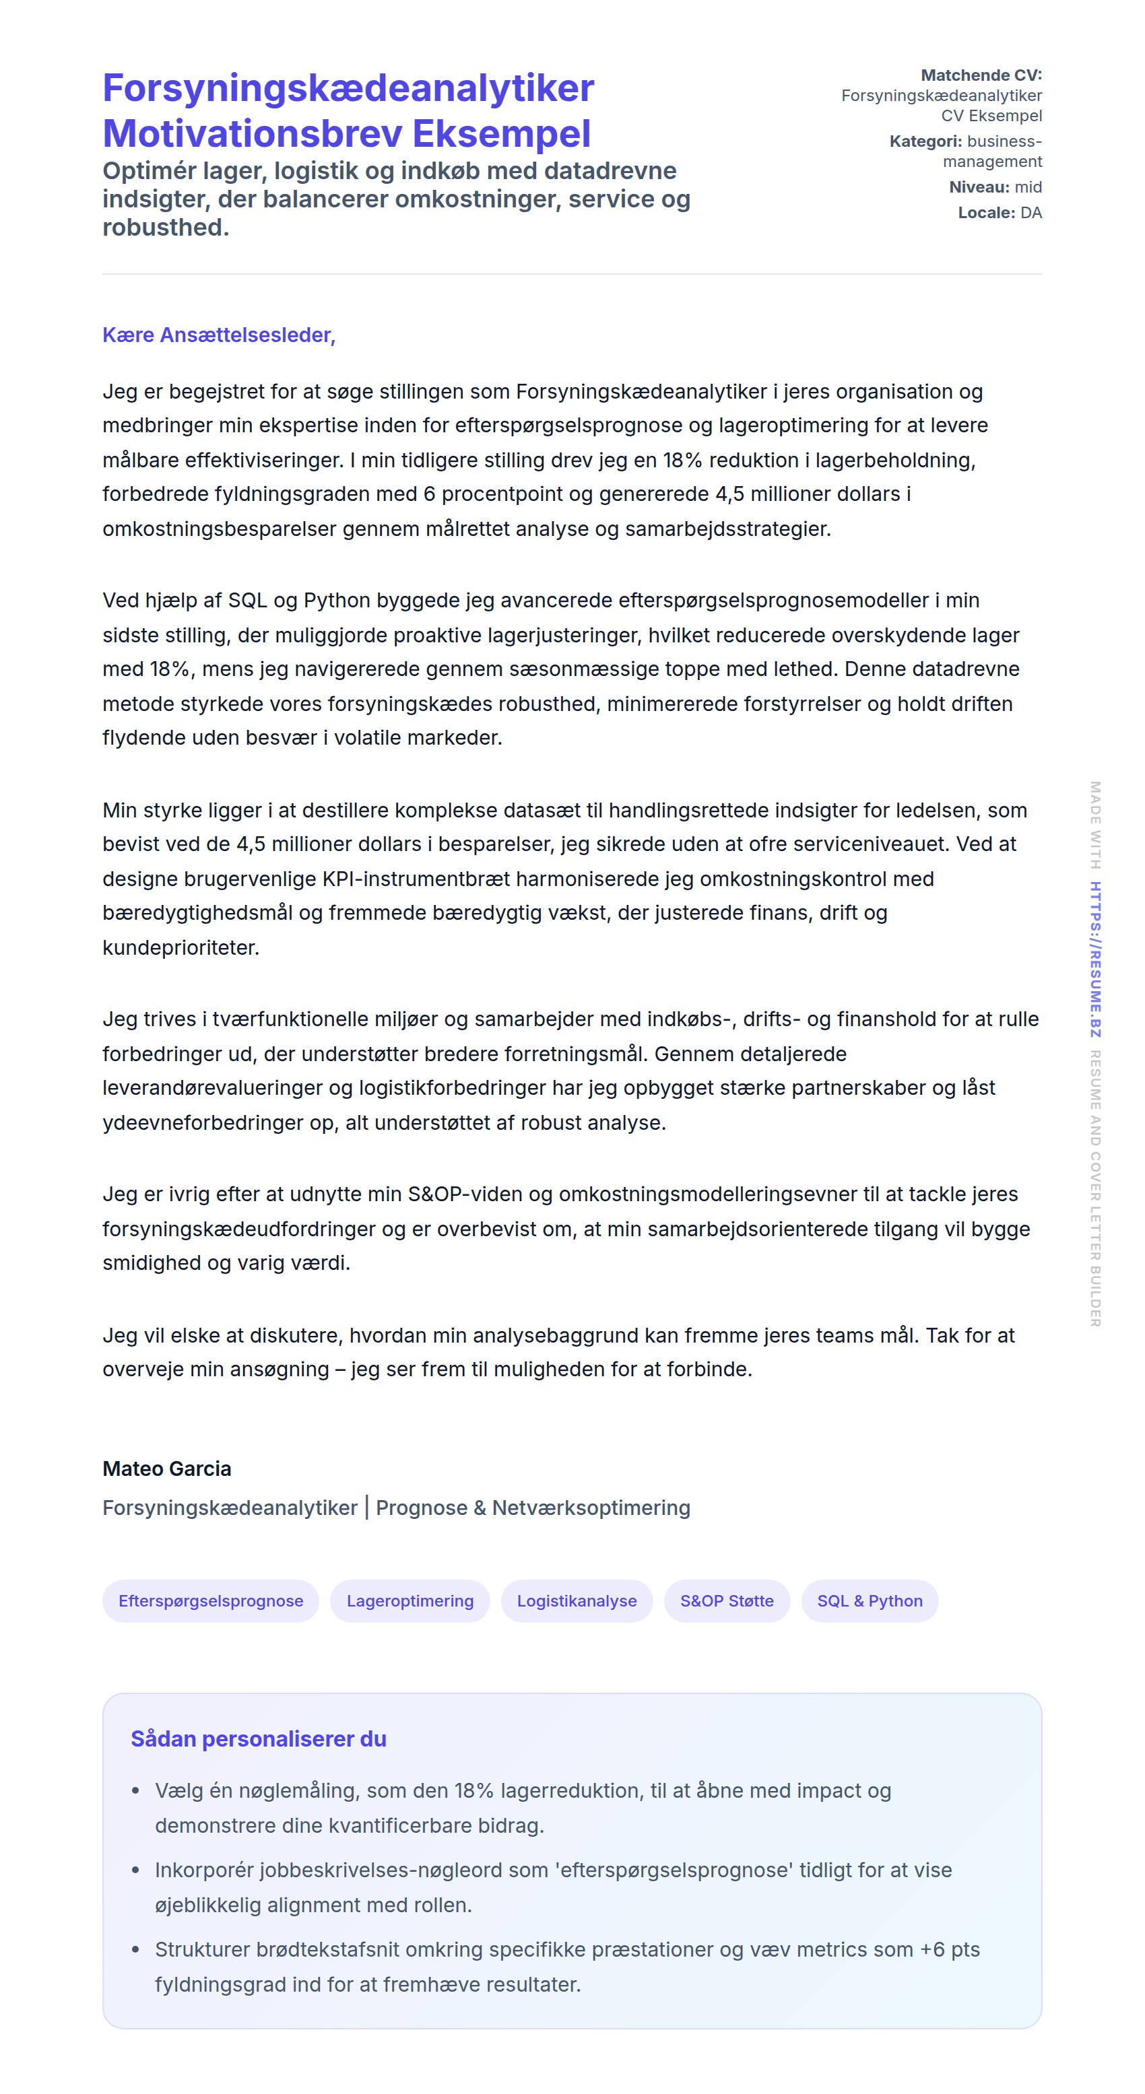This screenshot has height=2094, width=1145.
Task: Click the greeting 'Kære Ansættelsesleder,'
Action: tap(219, 335)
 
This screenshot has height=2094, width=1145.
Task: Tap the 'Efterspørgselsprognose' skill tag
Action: tap(211, 1600)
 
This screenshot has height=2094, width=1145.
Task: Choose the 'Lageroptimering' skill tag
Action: tap(410, 1600)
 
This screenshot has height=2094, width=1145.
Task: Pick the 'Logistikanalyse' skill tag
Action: tap(577, 1600)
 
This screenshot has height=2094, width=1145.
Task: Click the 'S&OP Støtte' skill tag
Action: tap(726, 1600)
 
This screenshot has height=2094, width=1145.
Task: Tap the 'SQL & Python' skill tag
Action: tap(870, 1600)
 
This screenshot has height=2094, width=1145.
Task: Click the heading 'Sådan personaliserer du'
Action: tap(259, 1738)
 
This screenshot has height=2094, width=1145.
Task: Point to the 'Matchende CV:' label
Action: tap(981, 75)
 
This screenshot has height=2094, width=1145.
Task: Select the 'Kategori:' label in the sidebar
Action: tap(925, 141)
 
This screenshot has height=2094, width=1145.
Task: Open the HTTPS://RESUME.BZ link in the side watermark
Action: tap(1095, 959)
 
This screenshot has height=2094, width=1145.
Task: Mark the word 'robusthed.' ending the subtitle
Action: tap(166, 228)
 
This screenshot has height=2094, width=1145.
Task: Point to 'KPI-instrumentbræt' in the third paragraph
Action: tap(428, 879)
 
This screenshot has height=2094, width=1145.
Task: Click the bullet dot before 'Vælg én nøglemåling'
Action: tap(136, 1791)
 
